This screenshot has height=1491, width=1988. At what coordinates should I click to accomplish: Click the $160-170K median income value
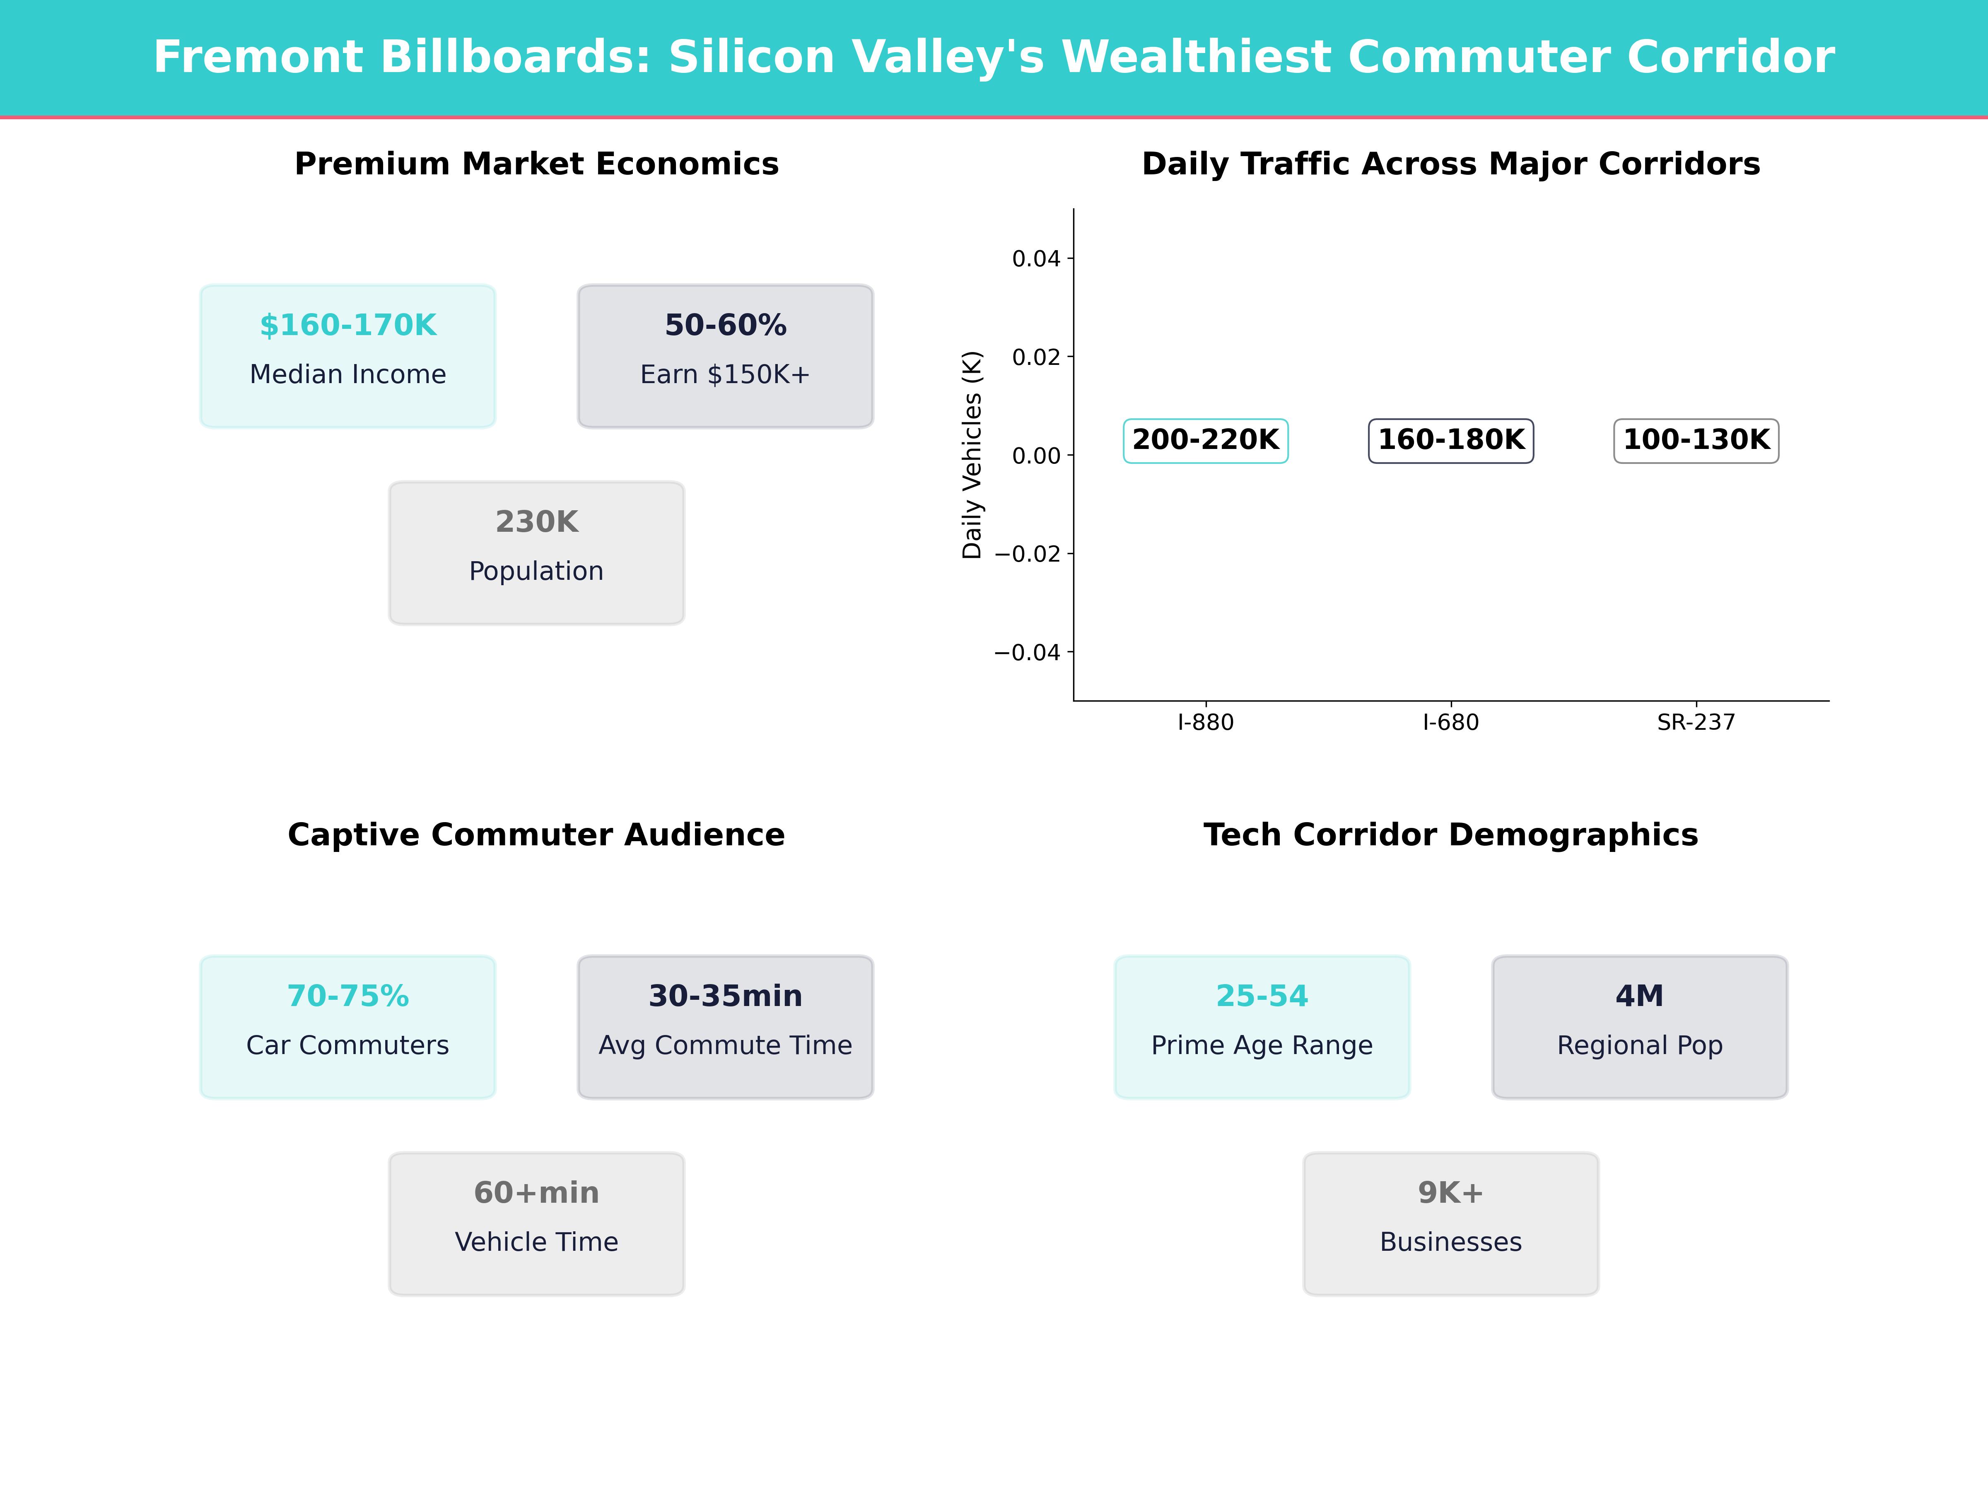[348, 326]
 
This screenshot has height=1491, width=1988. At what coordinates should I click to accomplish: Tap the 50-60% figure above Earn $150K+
[725, 326]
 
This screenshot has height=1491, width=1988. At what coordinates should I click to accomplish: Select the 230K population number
[536, 522]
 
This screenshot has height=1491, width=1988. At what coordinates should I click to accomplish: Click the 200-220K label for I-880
[1205, 440]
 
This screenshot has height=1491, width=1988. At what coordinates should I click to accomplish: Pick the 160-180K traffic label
[1450, 440]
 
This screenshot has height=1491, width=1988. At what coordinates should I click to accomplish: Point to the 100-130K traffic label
[1696, 440]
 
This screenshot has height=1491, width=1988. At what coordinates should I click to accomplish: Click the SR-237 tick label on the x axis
[1696, 723]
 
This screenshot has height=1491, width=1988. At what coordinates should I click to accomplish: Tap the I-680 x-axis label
[1450, 723]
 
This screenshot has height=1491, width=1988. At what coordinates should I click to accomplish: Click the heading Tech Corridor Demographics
[1450, 835]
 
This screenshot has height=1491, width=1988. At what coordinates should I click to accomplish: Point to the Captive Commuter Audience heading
[536, 835]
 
